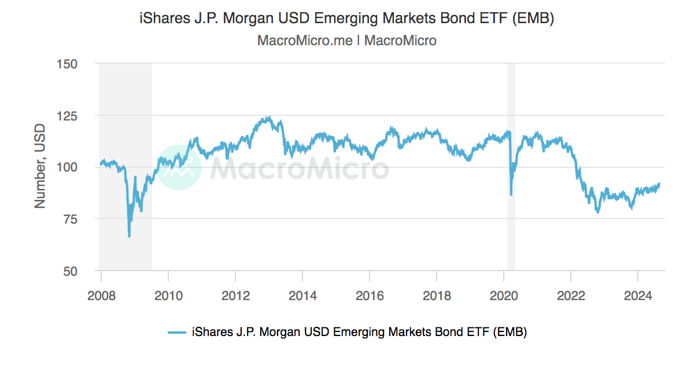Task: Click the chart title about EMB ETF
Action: tap(347, 19)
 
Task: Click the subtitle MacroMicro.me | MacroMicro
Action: tap(347, 41)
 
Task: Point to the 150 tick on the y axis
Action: tap(67, 64)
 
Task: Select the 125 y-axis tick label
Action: tap(67, 115)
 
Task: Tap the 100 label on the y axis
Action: tap(67, 167)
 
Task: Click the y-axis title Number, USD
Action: tap(39, 167)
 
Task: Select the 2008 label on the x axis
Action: tap(101, 295)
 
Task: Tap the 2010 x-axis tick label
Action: tap(168, 295)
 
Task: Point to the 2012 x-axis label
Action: tap(235, 295)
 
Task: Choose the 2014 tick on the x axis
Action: tap(302, 295)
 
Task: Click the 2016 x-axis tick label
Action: tap(370, 295)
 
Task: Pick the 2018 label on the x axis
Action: tap(437, 295)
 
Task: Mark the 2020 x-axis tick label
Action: tap(504, 295)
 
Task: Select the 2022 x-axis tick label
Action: tap(571, 295)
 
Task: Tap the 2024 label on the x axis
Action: tap(638, 295)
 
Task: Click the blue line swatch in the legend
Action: tap(176, 332)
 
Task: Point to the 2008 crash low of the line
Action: tap(129, 236)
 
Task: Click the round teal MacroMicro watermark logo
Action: tap(179, 167)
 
